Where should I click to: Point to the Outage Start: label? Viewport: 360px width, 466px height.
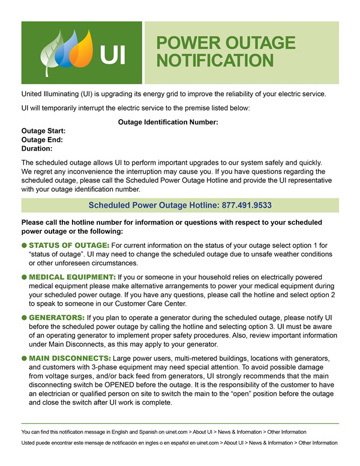44,131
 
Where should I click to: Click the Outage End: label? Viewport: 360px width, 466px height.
42,139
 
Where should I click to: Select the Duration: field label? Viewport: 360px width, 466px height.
37,148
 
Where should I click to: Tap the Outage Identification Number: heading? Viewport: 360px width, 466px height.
168,122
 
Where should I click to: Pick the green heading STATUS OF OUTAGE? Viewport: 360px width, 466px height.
69,246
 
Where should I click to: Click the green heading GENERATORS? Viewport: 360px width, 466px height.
57,317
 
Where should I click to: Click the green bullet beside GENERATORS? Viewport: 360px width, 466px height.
24,317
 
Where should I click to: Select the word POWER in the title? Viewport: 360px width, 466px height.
187,43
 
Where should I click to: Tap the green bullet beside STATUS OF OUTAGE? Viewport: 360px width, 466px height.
24,246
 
